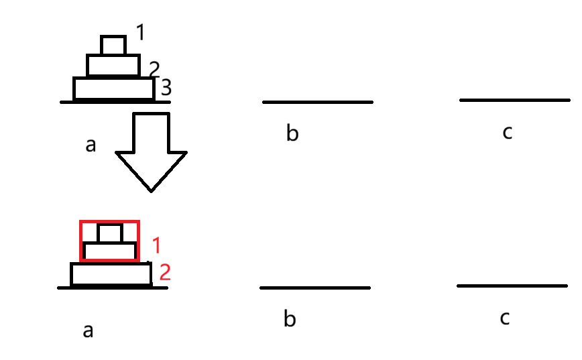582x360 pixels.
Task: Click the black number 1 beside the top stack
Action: point(140,32)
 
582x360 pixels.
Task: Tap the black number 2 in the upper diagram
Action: point(154,68)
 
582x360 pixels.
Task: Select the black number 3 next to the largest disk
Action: point(166,87)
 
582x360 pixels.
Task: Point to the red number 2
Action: point(164,272)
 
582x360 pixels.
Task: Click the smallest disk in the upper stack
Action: point(113,45)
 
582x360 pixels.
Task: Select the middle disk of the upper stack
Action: point(113,65)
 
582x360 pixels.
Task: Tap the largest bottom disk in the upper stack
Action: point(113,88)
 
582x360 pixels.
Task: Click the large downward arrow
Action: point(151,151)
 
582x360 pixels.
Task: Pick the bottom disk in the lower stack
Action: point(111,274)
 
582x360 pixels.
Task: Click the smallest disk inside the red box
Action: point(109,233)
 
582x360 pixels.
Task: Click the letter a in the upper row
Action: point(91,144)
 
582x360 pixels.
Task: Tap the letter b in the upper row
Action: point(292,133)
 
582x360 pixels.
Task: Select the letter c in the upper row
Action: point(507,132)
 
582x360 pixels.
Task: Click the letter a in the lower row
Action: point(88,330)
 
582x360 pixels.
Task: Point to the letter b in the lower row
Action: point(289,318)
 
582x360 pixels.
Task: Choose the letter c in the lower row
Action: point(504,318)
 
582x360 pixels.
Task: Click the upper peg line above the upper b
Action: point(317,102)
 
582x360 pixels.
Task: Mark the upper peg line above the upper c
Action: point(514,100)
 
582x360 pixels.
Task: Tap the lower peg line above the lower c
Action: point(512,286)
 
